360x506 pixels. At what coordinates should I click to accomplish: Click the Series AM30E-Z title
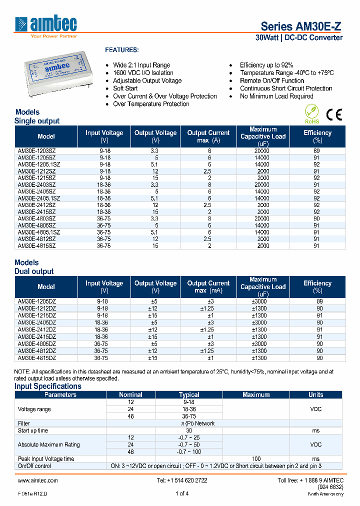(301, 26)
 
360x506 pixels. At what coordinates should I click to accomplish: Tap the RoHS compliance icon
(311, 113)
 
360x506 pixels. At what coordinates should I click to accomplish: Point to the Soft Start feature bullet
(125, 88)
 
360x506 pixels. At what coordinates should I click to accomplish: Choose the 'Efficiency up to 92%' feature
(266, 65)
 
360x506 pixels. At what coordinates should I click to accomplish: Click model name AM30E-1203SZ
(37, 151)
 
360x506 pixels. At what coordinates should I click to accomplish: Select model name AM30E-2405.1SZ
(39, 198)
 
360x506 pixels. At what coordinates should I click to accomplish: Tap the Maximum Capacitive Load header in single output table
(263, 136)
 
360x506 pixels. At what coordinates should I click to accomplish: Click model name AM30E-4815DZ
(37, 358)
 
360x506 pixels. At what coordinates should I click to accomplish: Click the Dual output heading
(34, 271)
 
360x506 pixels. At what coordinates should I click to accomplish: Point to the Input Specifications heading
(47, 386)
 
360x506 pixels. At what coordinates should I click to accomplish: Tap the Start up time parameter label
(33, 430)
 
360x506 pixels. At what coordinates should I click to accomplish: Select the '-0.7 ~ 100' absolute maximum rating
(189, 451)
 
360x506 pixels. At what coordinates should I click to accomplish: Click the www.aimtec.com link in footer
(38, 480)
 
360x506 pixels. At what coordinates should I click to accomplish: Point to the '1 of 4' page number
(182, 494)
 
